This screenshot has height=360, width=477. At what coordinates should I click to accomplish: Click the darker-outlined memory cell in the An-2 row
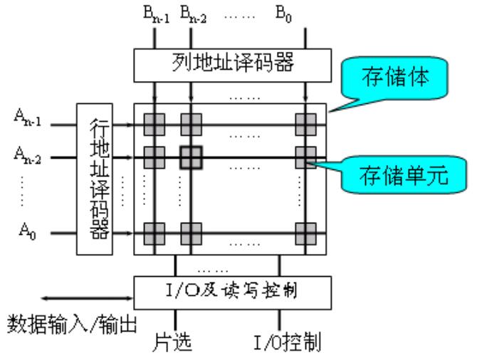pyautogui.click(x=191, y=157)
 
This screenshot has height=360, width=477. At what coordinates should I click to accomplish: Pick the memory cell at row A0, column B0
pyautogui.click(x=306, y=233)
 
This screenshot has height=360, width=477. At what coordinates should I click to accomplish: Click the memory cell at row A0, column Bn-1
pyautogui.click(x=154, y=233)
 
